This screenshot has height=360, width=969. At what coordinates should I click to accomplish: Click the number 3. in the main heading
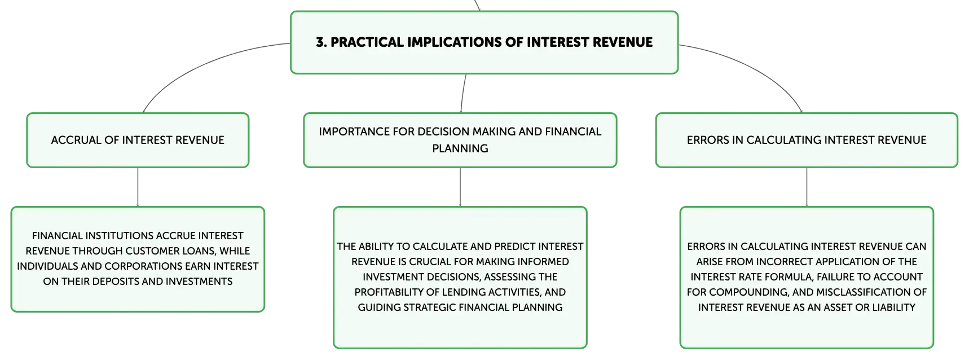click(321, 42)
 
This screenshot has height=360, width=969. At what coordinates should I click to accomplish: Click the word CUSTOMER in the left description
click(155, 251)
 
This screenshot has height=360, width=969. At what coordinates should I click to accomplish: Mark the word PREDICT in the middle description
click(514, 247)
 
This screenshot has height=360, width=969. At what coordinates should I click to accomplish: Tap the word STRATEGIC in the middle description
click(428, 308)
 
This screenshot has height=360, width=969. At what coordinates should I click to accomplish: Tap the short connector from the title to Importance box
click(463, 93)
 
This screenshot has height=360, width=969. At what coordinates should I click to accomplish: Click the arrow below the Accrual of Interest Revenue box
click(138, 187)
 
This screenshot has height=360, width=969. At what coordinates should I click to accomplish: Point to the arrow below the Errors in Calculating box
click(807, 187)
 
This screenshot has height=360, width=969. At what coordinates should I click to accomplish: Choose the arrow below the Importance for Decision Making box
click(460, 187)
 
